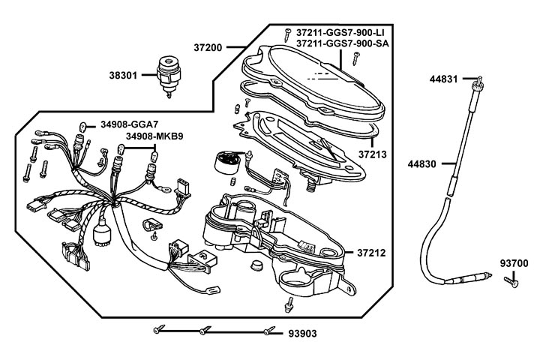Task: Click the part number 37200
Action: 208,46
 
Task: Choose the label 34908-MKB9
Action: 153,136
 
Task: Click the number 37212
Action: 371,253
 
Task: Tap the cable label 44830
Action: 424,162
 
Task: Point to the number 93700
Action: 515,263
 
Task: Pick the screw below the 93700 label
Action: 510,280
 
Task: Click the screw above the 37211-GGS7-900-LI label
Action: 287,31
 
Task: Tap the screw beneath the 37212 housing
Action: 289,304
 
